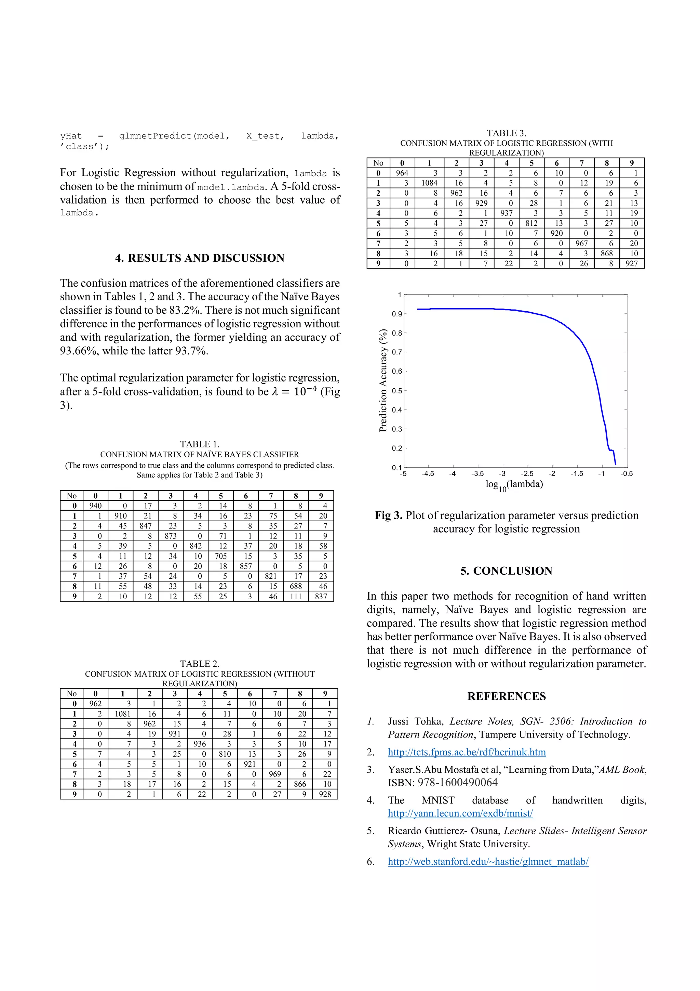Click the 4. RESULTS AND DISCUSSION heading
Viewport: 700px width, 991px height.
(x=200, y=258)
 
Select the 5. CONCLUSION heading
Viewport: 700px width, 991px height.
(x=506, y=571)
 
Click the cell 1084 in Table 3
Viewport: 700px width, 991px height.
(x=429, y=183)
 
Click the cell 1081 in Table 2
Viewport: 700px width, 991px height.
(x=122, y=714)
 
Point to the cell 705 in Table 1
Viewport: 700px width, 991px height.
(x=221, y=556)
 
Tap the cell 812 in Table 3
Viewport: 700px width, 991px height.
(x=531, y=223)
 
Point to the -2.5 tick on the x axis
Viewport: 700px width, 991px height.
(x=527, y=473)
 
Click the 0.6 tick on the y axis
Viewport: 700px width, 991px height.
(x=397, y=371)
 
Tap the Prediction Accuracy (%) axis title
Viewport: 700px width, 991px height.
(x=382, y=381)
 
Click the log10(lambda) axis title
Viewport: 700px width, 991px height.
(x=514, y=484)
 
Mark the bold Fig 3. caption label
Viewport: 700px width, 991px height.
(x=388, y=516)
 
